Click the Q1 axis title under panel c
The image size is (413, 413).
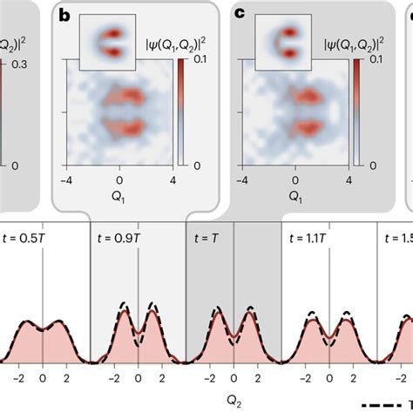[296, 196]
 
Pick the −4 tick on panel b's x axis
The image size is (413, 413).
[66, 180]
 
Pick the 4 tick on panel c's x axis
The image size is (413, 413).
[349, 180]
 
